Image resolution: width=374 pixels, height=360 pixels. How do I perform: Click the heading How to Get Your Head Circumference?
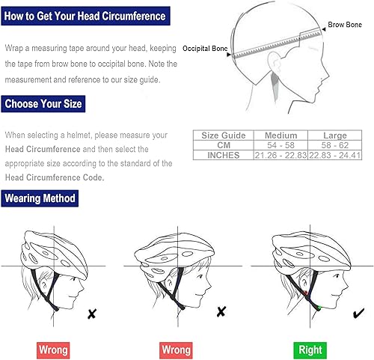point(84,16)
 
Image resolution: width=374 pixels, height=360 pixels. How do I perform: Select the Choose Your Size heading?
point(44,104)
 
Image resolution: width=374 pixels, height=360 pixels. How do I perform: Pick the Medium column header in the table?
point(276,135)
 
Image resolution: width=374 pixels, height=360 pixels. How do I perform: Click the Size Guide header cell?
point(224,135)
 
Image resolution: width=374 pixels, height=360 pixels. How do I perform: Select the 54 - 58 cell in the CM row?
point(276,144)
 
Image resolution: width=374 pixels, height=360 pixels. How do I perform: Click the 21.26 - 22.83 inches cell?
point(276,154)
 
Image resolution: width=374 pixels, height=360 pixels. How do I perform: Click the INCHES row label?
point(224,154)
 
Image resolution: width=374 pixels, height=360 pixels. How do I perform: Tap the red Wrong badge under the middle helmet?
point(177,349)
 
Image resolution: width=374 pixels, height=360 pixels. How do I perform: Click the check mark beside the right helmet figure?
point(358,313)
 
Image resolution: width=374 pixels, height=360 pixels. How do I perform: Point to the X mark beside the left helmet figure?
point(91,314)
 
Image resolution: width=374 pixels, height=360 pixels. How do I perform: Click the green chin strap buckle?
point(318,307)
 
